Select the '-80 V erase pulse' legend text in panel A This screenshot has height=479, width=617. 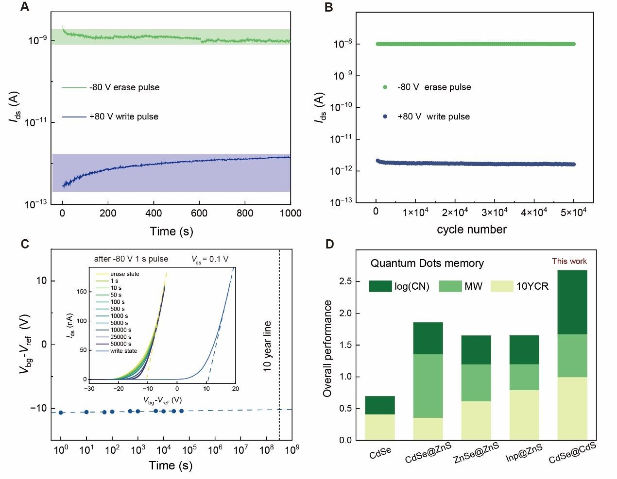124,87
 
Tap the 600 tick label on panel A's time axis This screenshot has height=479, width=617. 199,213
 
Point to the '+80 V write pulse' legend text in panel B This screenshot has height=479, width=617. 433,116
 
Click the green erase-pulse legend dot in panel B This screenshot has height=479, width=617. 385,87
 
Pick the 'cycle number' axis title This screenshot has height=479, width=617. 471,230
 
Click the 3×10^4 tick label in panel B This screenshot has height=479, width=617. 494,213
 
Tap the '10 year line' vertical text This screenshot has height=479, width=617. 267,346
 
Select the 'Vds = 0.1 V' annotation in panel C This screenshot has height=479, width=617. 210,259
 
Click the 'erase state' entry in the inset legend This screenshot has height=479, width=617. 124,274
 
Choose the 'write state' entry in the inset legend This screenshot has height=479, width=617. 123,351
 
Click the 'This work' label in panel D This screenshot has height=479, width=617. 569,261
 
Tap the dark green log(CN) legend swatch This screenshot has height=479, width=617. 380,286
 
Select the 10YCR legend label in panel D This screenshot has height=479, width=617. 532,286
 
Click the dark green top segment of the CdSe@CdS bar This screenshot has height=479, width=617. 572,302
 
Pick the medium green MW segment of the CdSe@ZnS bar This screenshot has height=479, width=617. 428,386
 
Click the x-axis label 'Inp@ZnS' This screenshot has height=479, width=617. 524,452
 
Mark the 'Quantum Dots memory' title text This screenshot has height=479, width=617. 427,264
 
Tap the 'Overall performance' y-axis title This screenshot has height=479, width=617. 327,348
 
